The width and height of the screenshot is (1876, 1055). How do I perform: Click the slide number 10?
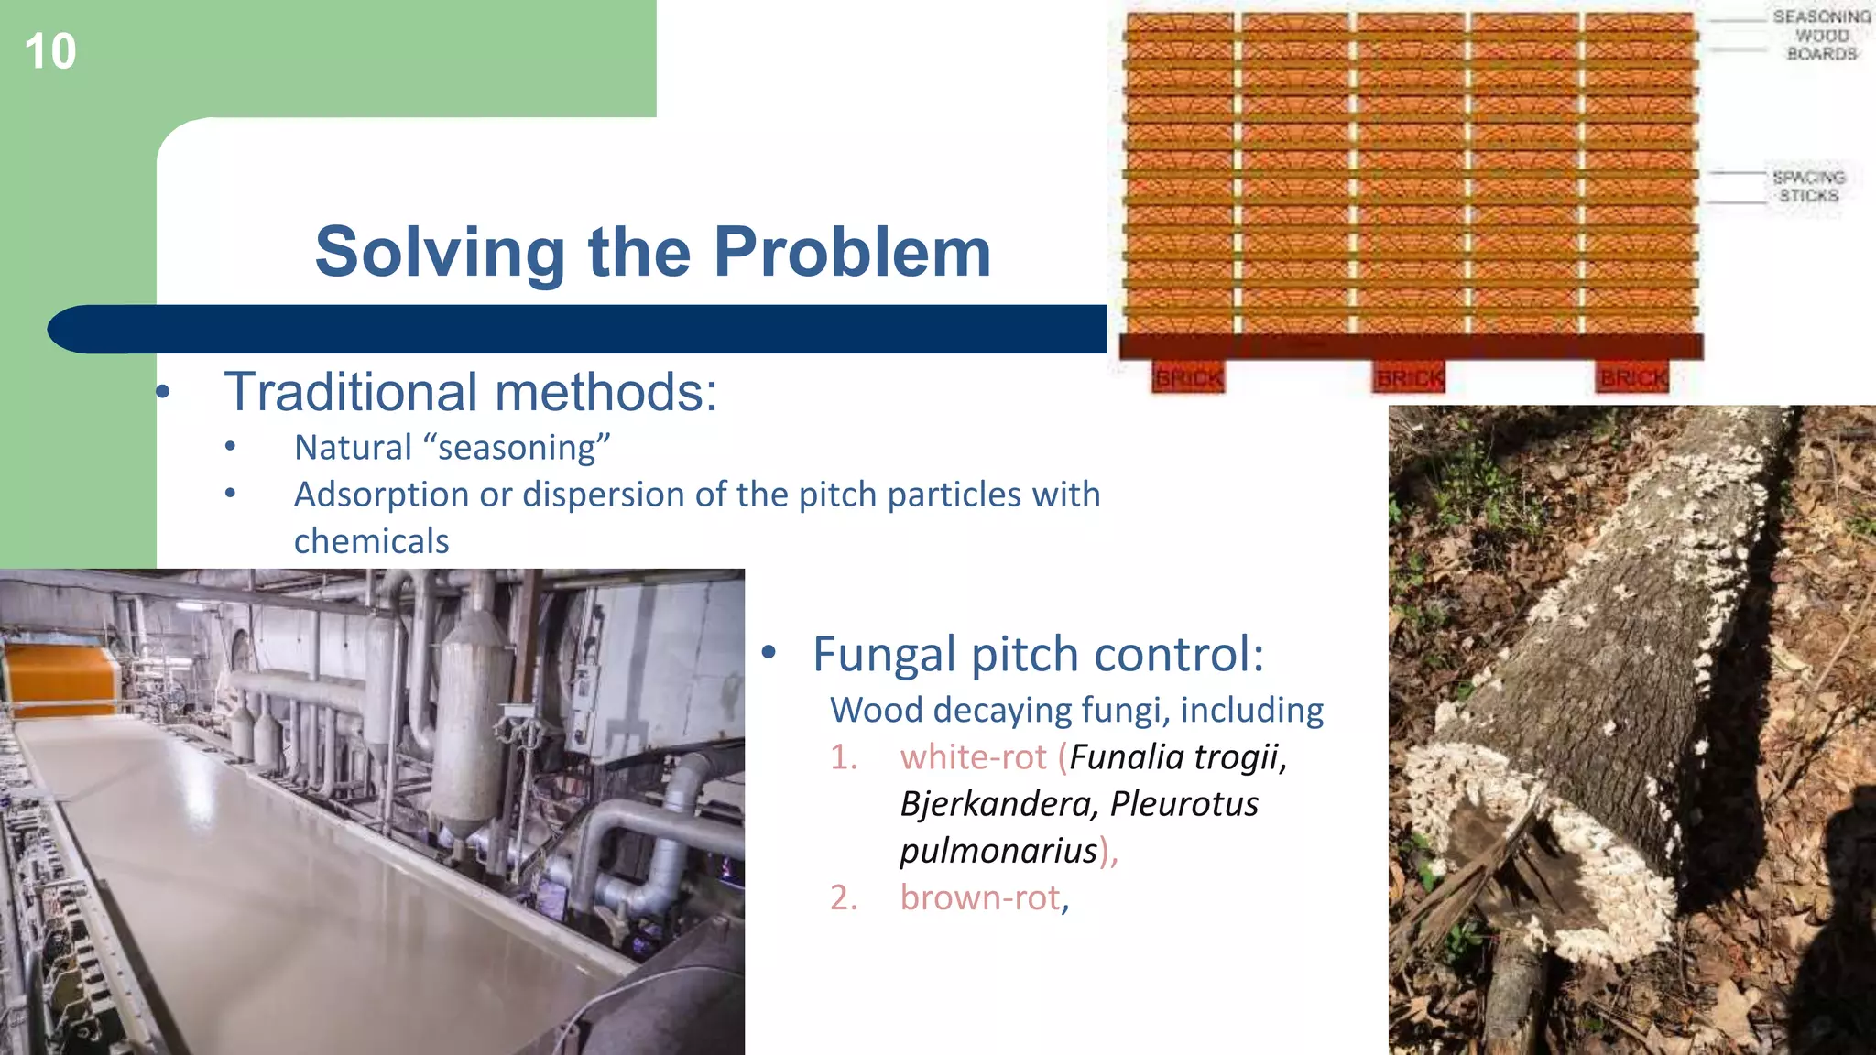point(50,51)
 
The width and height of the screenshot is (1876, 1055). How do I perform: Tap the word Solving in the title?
point(440,254)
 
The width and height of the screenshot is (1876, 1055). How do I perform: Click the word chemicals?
point(371,541)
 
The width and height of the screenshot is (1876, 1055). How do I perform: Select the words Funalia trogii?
point(1177,757)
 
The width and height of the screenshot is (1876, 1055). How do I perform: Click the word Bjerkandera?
point(998,804)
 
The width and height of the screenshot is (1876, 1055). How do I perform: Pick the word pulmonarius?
point(998,852)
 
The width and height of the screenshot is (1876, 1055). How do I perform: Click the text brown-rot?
point(979,897)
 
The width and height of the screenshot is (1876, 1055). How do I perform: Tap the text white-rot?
point(973,757)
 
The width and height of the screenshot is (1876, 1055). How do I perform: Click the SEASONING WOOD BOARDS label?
point(1821,36)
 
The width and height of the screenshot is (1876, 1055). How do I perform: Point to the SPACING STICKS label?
point(1807,186)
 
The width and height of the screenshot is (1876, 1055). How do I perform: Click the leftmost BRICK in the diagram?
point(1188,377)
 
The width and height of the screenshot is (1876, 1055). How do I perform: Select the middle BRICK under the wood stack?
point(1410,377)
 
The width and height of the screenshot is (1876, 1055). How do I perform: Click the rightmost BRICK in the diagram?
point(1633,377)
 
